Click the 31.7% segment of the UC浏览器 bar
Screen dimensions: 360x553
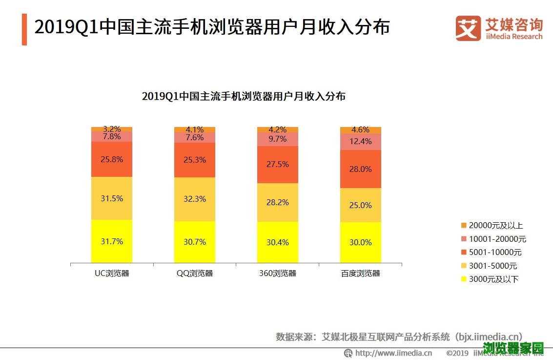112,241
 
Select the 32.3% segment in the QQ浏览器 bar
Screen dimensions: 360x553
195,199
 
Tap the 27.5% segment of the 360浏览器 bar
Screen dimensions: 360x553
278,164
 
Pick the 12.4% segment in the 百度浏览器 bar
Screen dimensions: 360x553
361,142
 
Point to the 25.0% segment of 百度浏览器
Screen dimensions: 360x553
361,205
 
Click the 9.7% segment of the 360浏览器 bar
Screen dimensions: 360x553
278,139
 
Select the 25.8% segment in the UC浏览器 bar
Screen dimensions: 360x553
112,159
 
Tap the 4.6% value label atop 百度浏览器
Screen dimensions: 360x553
361,130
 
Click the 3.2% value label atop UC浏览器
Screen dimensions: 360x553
112,129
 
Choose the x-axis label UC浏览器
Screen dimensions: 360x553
112,273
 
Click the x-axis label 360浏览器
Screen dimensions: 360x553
278,273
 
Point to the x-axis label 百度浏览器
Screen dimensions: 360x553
361,273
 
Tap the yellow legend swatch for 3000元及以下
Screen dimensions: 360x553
464,279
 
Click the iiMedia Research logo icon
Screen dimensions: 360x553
468,28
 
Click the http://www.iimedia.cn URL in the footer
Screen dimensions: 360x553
393,353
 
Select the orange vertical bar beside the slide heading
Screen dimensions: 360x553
24,29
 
